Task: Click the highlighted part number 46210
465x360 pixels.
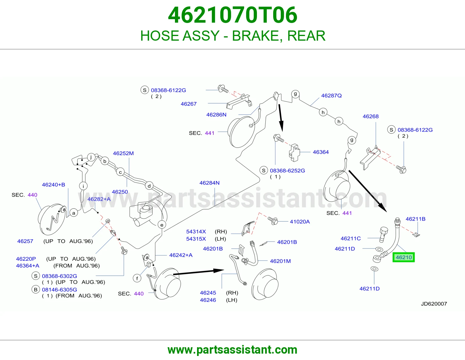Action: pyautogui.click(x=404, y=258)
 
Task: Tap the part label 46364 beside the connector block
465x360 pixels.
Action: pyautogui.click(x=321, y=152)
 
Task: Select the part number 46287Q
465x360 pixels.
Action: pyautogui.click(x=331, y=96)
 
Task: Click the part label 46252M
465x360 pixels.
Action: pyautogui.click(x=123, y=153)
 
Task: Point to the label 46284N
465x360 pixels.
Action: pyautogui.click(x=209, y=183)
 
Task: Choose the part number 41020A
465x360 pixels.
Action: pyautogui.click(x=300, y=222)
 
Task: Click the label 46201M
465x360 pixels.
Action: pyautogui.click(x=280, y=261)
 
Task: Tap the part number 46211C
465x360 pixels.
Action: pyautogui.click(x=350, y=238)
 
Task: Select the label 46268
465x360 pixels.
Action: pyautogui.click(x=371, y=116)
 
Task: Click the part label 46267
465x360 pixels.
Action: pyautogui.click(x=189, y=104)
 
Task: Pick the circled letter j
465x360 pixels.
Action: pyautogui.click(x=91, y=157)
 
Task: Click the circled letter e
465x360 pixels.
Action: pyautogui.click(x=162, y=225)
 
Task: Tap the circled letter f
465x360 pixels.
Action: pyautogui.click(x=137, y=278)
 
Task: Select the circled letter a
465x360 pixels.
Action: pyautogui.click(x=74, y=213)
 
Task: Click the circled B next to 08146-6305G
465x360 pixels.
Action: pyautogui.click(x=36, y=289)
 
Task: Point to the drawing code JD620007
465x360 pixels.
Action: pyautogui.click(x=434, y=304)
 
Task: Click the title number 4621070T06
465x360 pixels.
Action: pyautogui.click(x=233, y=15)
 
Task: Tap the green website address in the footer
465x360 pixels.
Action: pyautogui.click(x=233, y=350)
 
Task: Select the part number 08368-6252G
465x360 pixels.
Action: pyautogui.click(x=287, y=171)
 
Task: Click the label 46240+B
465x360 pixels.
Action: pyautogui.click(x=53, y=184)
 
